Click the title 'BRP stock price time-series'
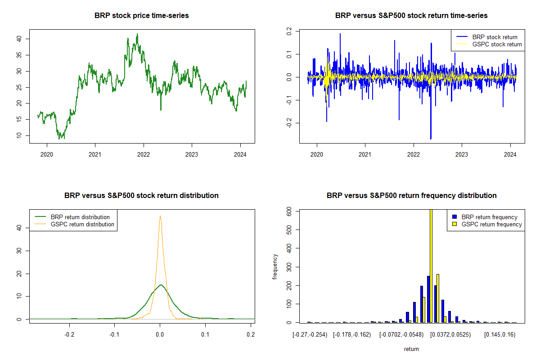141,16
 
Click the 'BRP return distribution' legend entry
80,217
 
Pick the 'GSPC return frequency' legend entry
491,224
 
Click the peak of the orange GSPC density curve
160,216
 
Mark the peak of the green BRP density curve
161,284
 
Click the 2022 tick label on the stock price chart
144,153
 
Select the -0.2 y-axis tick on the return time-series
289,124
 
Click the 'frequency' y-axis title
275,267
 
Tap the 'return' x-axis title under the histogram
411,349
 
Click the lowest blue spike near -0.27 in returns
431,139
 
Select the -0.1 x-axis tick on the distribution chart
114,335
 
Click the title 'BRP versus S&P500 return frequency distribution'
411,196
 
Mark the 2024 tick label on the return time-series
510,153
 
